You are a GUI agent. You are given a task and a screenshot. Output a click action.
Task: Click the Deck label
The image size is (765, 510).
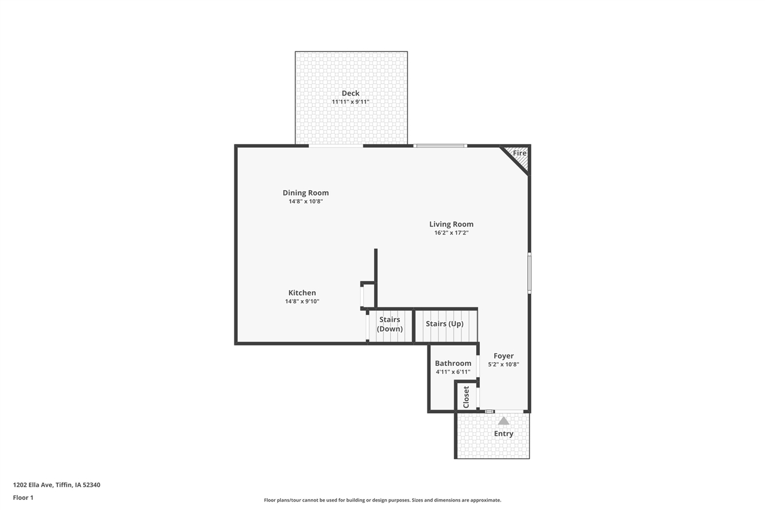tap(350, 93)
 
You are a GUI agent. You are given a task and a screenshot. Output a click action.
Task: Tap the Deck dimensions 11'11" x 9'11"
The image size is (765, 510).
tap(350, 102)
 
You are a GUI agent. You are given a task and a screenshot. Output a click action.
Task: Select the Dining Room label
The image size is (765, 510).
tap(305, 193)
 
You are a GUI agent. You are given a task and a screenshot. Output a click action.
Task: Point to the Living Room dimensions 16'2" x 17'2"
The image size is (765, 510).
tap(451, 233)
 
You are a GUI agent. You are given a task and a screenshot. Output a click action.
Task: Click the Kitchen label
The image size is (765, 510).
tap(302, 293)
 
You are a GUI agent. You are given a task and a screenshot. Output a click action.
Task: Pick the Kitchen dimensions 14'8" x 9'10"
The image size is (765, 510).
tap(302, 302)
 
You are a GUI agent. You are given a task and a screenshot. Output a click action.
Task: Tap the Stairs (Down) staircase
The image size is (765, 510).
tap(390, 326)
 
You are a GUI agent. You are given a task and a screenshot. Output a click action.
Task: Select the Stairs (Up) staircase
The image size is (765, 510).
tap(446, 326)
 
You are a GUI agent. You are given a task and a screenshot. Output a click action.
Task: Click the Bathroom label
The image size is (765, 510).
tap(452, 364)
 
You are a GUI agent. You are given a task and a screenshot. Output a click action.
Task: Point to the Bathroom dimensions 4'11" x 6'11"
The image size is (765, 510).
tap(452, 372)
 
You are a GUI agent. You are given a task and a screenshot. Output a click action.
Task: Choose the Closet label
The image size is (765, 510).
tap(466, 397)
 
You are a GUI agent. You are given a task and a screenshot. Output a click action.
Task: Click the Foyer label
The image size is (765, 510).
tap(503, 356)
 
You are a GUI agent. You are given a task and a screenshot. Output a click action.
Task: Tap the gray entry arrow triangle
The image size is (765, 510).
tap(503, 421)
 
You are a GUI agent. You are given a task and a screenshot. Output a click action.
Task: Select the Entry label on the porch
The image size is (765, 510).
tap(503, 434)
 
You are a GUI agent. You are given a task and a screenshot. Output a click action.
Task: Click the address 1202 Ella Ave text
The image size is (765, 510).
tap(57, 485)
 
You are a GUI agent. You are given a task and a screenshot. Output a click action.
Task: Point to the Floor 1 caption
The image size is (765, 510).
tap(23, 497)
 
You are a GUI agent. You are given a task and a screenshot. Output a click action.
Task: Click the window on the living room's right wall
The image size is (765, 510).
tap(529, 273)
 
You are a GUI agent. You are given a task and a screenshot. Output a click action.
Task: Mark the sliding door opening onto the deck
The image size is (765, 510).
tap(336, 145)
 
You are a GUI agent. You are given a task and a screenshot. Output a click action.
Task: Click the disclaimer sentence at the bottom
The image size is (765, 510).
tap(382, 500)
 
